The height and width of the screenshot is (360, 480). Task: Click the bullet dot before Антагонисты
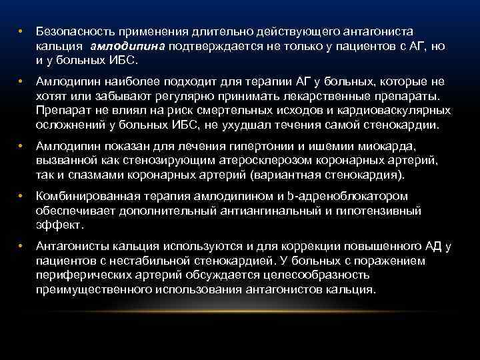(21, 246)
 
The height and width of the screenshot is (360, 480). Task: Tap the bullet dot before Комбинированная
(21, 196)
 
